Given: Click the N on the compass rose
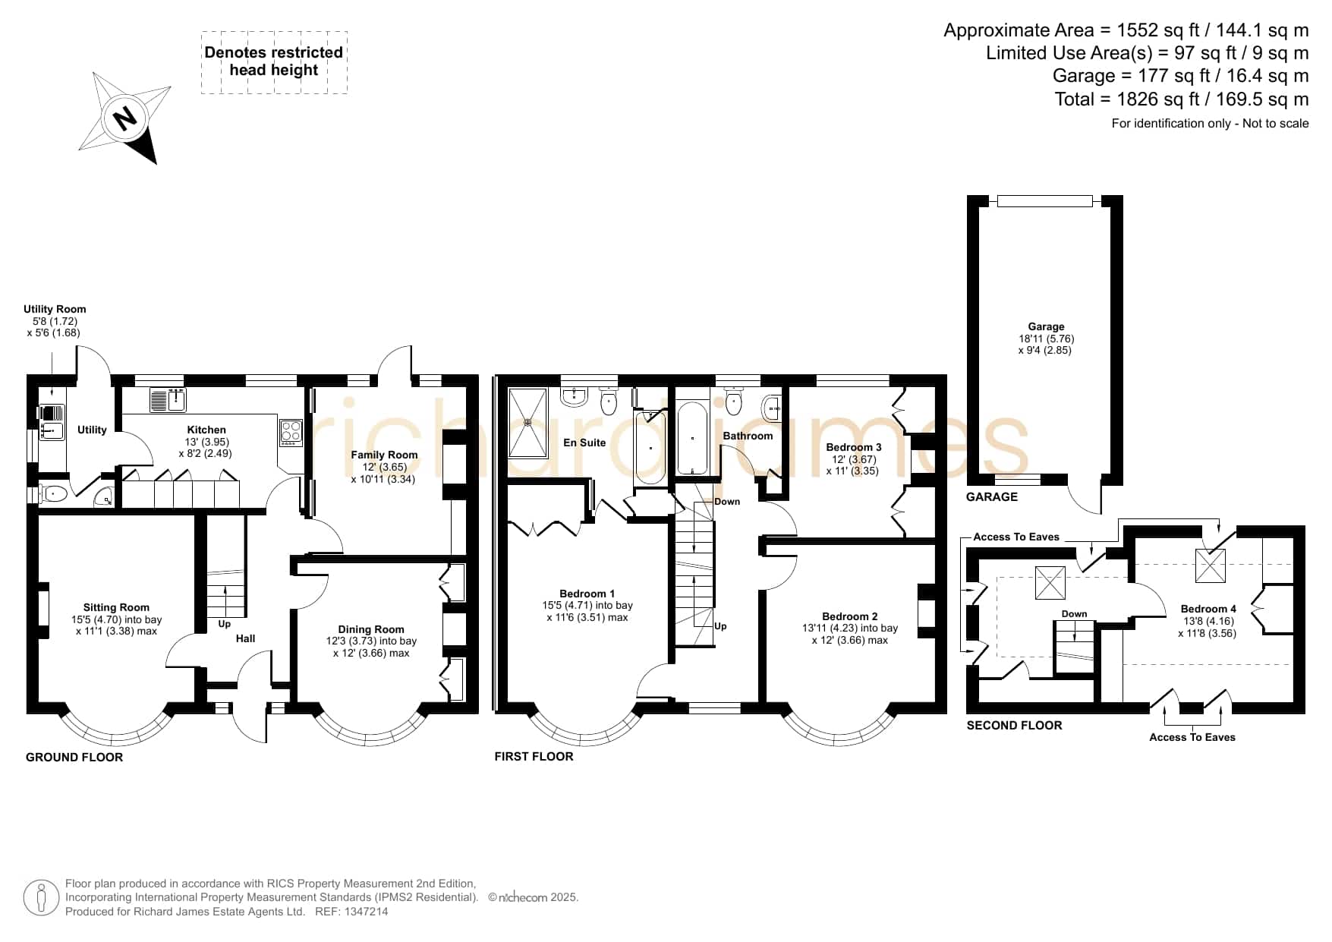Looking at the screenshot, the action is tap(124, 119).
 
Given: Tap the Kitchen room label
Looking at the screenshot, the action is tap(206, 430).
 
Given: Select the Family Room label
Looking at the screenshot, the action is tap(384, 455).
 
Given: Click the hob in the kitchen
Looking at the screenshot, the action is tap(291, 431).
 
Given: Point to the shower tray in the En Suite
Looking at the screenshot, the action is tap(527, 423).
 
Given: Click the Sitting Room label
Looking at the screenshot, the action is tap(116, 607).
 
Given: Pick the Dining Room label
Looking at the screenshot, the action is tap(371, 629).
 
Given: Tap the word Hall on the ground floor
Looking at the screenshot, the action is tap(245, 638).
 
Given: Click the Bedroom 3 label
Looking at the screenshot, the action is tap(854, 447).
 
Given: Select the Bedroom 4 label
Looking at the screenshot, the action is tap(1208, 609).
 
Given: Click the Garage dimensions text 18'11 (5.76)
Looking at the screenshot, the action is tap(1046, 339).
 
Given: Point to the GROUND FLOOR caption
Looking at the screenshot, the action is tap(74, 757).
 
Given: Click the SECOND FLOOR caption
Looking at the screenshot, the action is tap(1014, 725).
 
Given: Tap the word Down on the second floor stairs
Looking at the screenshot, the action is tap(1074, 614).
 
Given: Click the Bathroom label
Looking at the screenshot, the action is tap(748, 436).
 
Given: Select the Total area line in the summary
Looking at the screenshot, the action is tap(1182, 99).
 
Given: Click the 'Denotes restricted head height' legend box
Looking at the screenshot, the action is tap(274, 62).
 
